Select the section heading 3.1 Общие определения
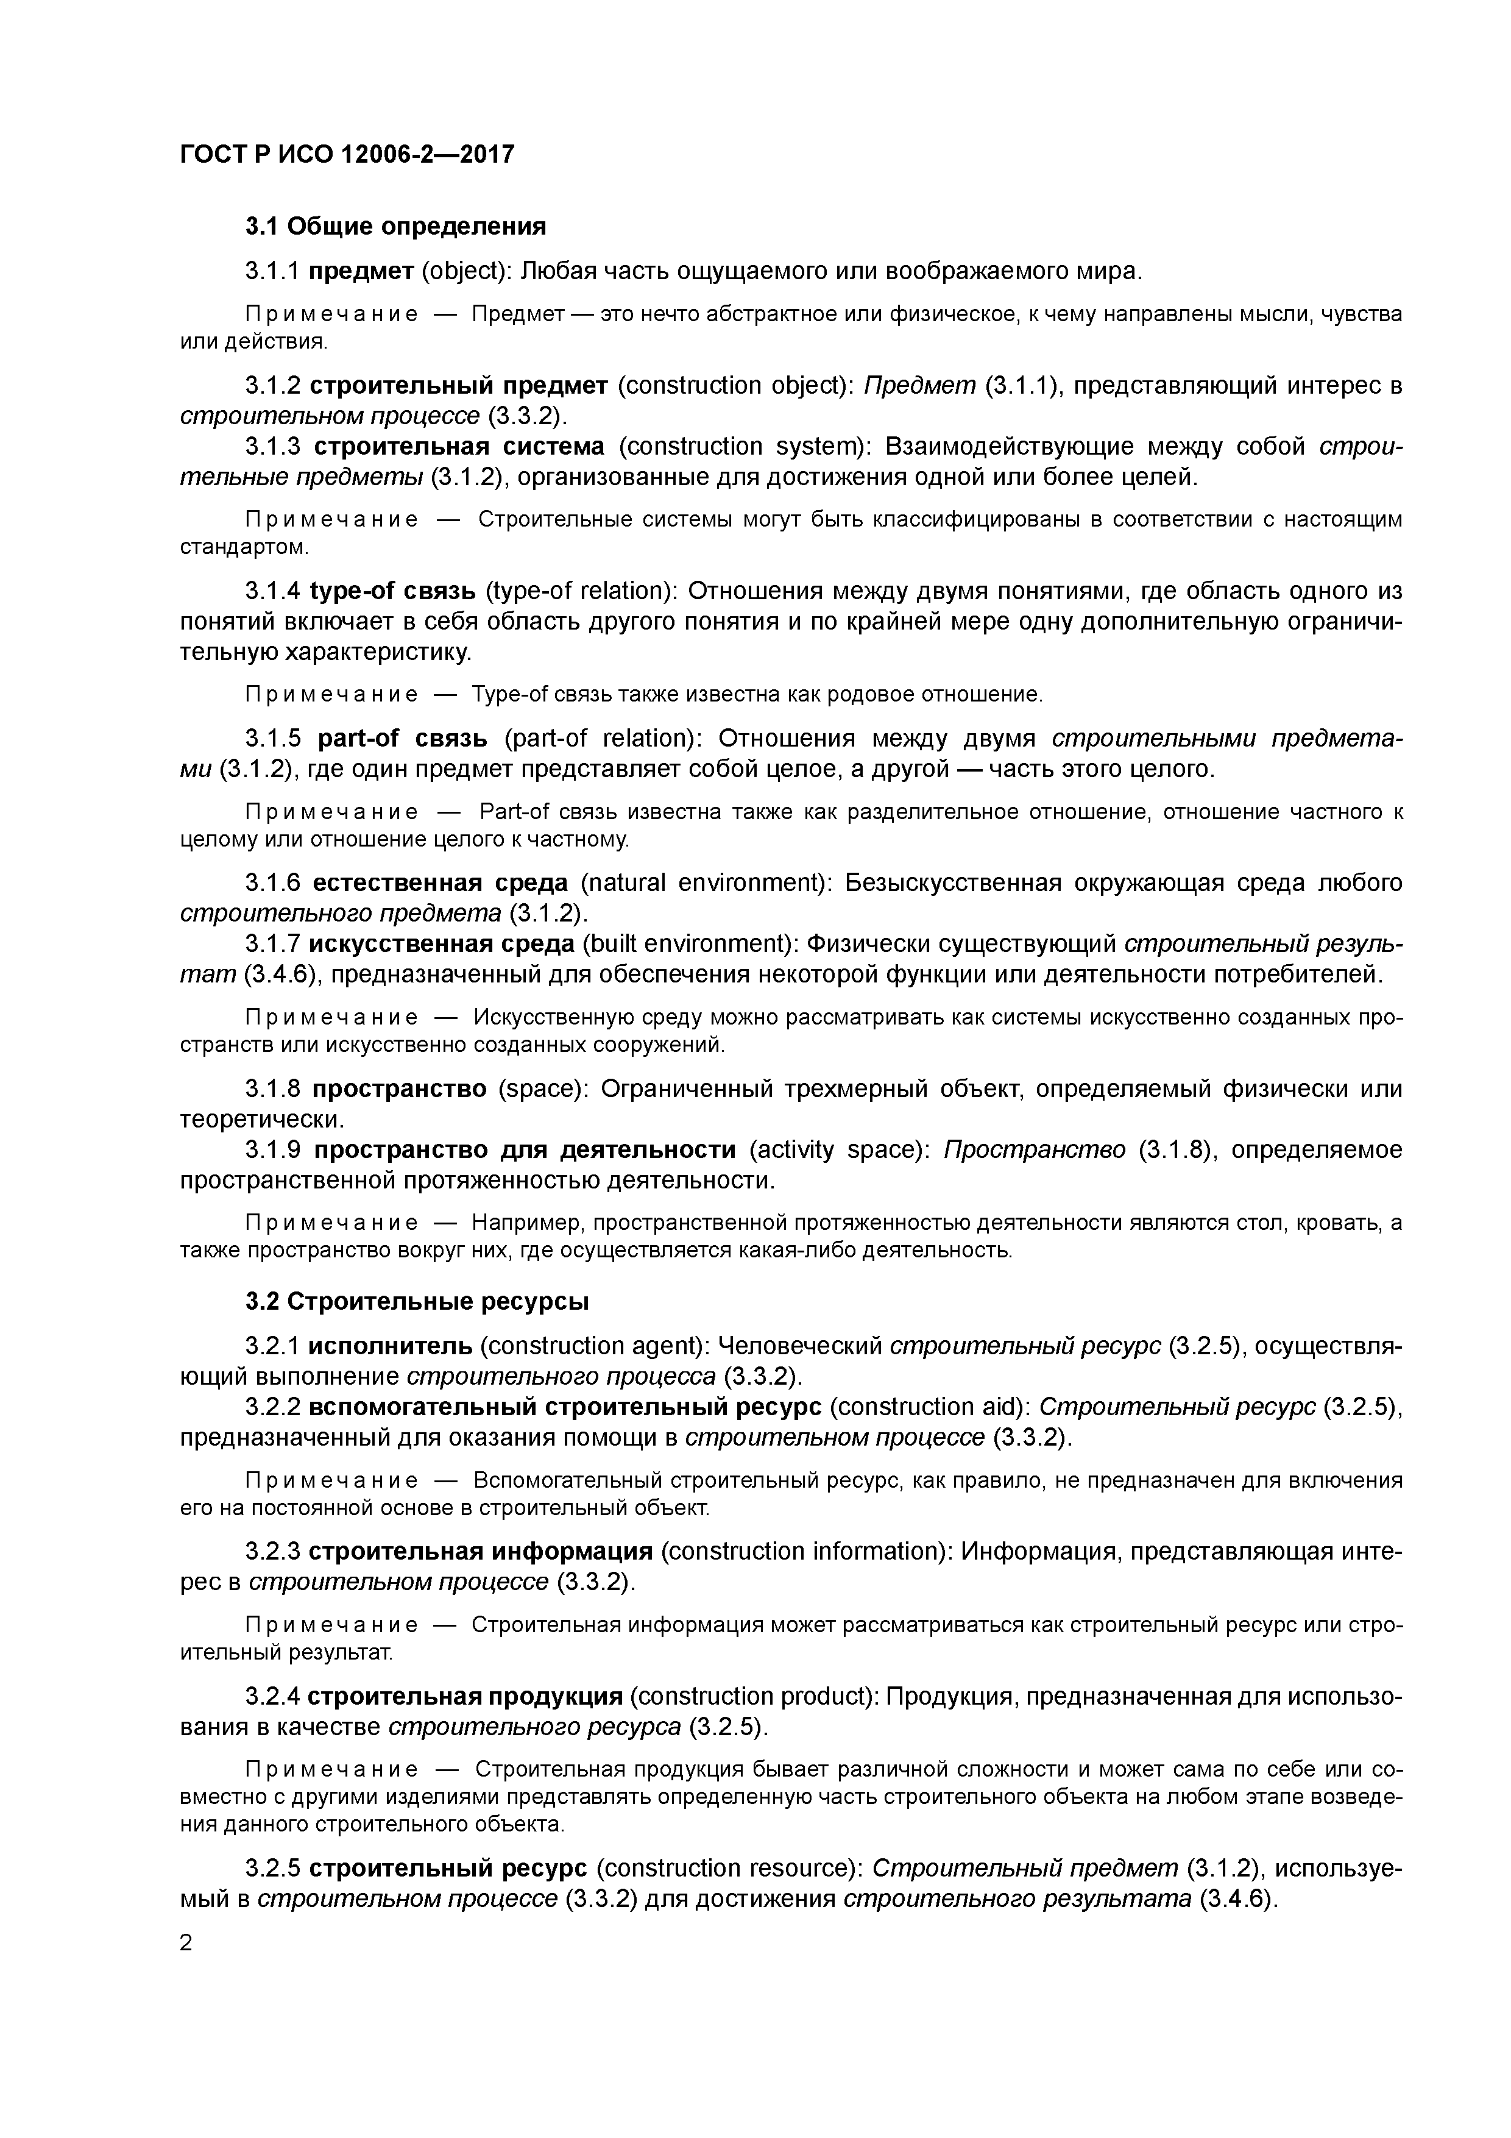click(395, 226)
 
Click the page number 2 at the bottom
click(186, 1944)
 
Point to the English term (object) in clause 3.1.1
click(462, 271)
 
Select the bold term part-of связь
click(402, 739)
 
